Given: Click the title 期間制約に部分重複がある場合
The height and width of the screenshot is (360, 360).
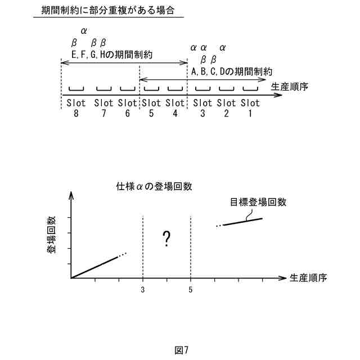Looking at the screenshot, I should (x=109, y=11).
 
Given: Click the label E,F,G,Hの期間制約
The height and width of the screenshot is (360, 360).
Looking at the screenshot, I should (x=112, y=55).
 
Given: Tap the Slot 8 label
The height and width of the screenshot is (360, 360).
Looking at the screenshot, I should (x=76, y=108).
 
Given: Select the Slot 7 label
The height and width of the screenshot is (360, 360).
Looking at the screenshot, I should (x=104, y=108).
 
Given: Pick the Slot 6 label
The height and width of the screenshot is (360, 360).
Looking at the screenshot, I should (x=128, y=108).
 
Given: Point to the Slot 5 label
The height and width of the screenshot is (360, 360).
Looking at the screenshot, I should (x=151, y=108).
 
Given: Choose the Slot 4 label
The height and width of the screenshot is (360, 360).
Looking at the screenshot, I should (x=175, y=108).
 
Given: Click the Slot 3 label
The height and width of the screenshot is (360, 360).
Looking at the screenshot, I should (x=202, y=108).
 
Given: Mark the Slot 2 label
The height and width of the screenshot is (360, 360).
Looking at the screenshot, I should (x=226, y=108).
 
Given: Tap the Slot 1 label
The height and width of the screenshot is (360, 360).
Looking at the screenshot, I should (x=250, y=108).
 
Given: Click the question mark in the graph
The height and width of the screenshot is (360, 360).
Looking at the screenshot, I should (x=166, y=239).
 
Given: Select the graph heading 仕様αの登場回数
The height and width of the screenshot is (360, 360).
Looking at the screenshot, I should (x=150, y=187).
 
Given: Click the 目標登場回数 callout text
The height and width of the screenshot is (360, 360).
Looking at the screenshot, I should (x=258, y=202).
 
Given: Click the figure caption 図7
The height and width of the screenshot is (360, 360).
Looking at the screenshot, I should (x=181, y=350).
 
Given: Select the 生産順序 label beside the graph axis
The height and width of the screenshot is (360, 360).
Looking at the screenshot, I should (x=308, y=278).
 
